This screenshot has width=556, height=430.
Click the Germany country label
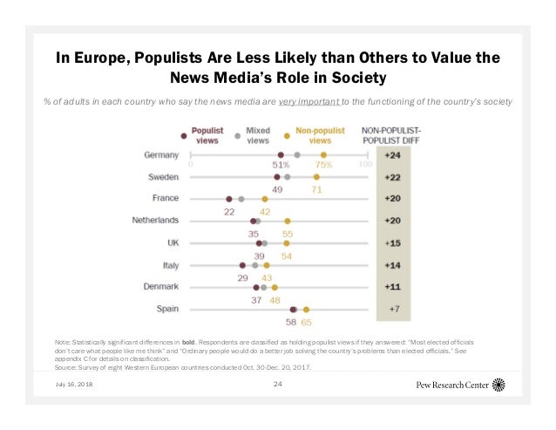161,155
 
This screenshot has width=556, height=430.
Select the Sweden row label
163,177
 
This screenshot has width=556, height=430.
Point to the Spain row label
166,309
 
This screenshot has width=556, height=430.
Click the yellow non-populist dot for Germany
323,154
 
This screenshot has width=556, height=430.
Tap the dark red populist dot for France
229,199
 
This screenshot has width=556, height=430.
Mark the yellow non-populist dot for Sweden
316,176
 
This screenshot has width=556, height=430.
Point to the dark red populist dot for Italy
241,264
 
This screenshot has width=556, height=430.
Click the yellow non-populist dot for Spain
306,309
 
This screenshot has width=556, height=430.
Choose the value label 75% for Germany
324,167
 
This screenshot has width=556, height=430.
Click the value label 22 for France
230,211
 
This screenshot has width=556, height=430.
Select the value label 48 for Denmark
274,299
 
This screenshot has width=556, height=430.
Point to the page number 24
278,384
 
